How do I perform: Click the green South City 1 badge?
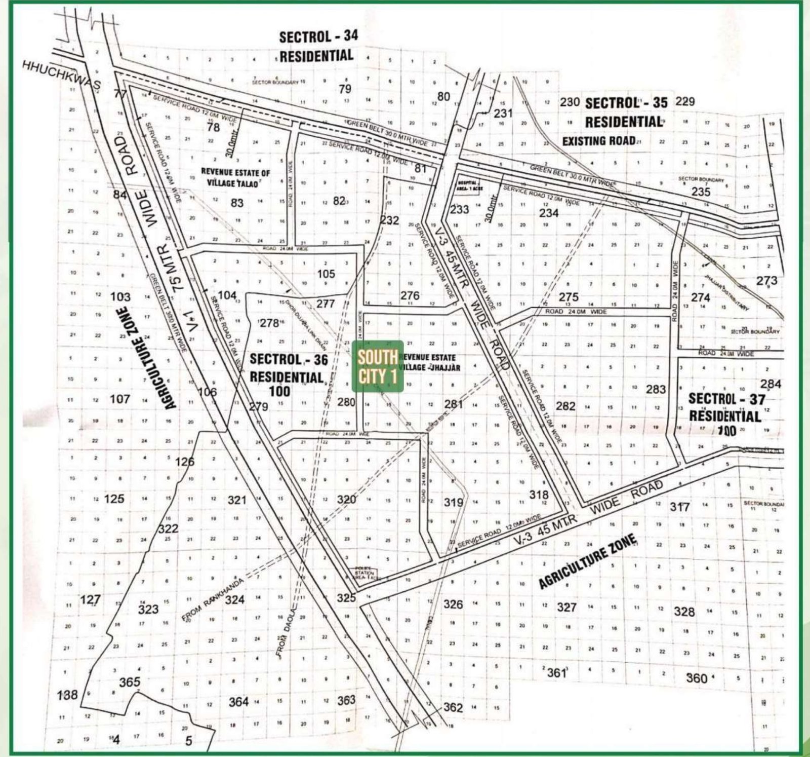(x=377, y=366)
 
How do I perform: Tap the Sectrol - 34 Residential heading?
(x=317, y=46)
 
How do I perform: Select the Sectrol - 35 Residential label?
(x=625, y=112)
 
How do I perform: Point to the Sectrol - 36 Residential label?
(x=289, y=368)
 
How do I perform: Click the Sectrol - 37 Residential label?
(x=725, y=408)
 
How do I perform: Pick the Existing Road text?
(x=598, y=140)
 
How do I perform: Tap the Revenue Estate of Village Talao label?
(x=235, y=177)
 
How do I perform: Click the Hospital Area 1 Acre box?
(x=469, y=185)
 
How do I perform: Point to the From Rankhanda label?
(x=213, y=598)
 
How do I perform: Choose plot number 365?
(x=129, y=682)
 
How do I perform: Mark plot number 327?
(x=566, y=607)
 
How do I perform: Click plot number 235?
(x=701, y=192)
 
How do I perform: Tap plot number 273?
(x=766, y=280)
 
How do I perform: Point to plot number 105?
(x=326, y=274)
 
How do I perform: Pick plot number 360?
(x=697, y=678)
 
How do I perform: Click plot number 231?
(x=503, y=112)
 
